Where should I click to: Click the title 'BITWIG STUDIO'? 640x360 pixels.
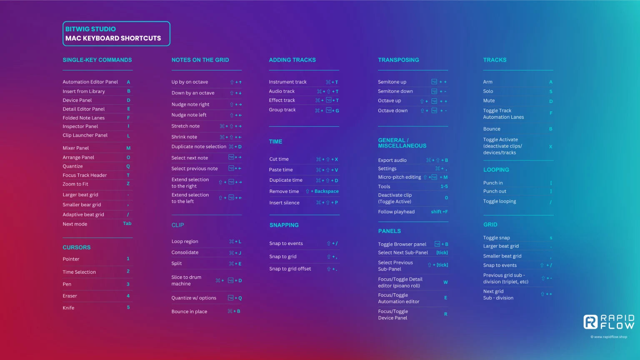point(90,29)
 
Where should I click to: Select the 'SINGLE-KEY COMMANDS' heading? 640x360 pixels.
point(97,60)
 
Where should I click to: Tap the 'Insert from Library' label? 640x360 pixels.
point(84,91)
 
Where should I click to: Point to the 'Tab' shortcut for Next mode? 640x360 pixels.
point(127,224)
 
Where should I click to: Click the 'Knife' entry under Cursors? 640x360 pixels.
point(68,308)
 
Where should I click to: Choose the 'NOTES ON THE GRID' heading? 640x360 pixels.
point(200,60)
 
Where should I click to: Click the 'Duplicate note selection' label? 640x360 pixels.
point(199,147)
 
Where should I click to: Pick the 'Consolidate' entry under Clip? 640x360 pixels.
point(185,252)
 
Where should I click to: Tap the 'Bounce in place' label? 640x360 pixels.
point(189,312)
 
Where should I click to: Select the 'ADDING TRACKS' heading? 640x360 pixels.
point(292,60)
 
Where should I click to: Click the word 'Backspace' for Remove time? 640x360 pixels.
point(326,191)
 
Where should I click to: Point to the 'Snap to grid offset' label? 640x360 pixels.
point(290,269)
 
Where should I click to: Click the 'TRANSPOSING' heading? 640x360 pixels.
point(398,60)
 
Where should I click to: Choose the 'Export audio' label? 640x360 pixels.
point(392,160)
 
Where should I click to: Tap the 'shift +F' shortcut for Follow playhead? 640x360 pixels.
point(439,212)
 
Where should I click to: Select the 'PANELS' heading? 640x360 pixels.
point(389,231)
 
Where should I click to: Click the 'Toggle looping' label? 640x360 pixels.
point(500,201)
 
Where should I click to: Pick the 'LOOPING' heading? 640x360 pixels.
point(496,170)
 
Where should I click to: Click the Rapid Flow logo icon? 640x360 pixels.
point(590,322)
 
